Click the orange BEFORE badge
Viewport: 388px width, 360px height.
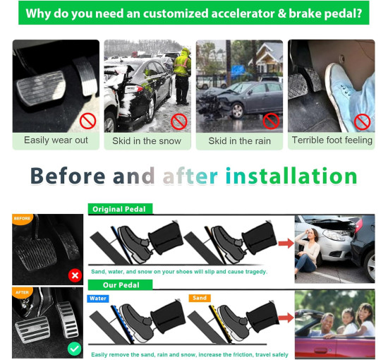(x=22, y=219)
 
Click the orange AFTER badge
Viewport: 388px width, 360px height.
(x=22, y=292)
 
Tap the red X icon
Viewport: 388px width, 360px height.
(x=75, y=275)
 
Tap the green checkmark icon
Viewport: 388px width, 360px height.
(x=75, y=349)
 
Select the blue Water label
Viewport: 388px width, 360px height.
(x=98, y=299)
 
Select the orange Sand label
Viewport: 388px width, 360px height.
(x=200, y=298)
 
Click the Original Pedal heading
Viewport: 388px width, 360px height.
(x=120, y=209)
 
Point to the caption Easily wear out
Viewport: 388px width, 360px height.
(x=56, y=140)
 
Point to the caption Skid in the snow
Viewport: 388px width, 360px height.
(x=147, y=141)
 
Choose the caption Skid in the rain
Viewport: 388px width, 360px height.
(x=239, y=141)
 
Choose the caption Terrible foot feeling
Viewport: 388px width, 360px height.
(x=332, y=140)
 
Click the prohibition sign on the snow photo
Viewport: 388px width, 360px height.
(x=178, y=121)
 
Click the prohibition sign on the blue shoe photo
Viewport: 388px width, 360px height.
(x=362, y=122)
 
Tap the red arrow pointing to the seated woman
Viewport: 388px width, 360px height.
(x=286, y=243)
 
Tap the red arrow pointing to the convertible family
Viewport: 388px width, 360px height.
(x=286, y=318)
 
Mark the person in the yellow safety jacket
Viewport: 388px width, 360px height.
(x=183, y=76)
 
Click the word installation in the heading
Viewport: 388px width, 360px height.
(x=291, y=176)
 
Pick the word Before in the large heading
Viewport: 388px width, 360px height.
(x=68, y=176)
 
